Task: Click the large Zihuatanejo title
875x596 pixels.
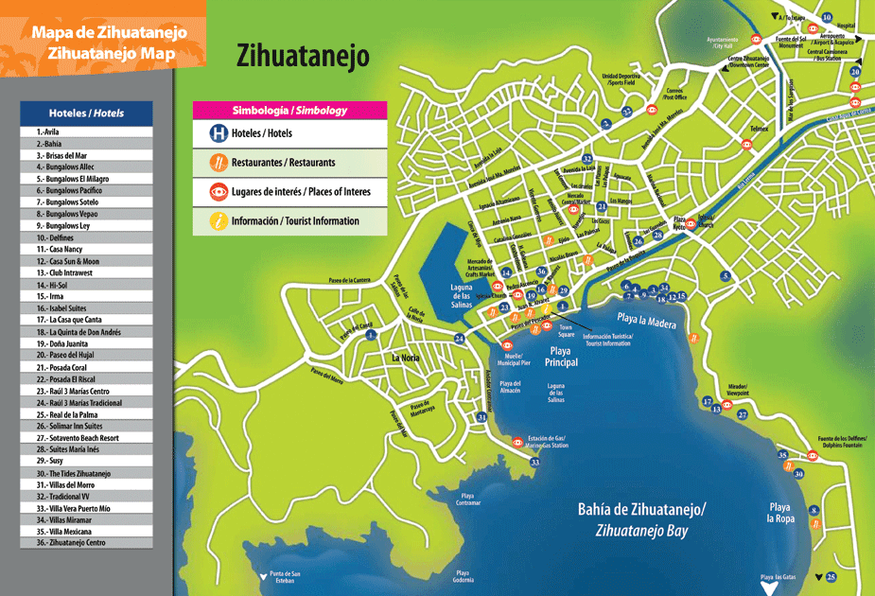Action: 302,58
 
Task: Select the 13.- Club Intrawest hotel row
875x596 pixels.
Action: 86,272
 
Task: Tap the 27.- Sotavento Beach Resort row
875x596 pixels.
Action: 86,438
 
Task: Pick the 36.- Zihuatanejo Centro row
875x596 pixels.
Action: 86,543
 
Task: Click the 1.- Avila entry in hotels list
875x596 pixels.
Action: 86,132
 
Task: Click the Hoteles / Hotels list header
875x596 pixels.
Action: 86,113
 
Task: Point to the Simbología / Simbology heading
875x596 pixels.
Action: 289,110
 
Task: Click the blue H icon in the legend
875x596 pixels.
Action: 219,134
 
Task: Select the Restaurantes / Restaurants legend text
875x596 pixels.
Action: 283,163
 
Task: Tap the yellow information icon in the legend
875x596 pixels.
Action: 219,220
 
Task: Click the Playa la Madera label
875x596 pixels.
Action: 647,322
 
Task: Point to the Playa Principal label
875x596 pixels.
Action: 562,357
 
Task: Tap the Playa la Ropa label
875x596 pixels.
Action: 779,513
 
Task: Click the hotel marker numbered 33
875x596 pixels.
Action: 534,462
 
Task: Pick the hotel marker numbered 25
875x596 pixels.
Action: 831,577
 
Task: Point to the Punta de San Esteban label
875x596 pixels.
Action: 284,578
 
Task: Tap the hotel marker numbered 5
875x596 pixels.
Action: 726,276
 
